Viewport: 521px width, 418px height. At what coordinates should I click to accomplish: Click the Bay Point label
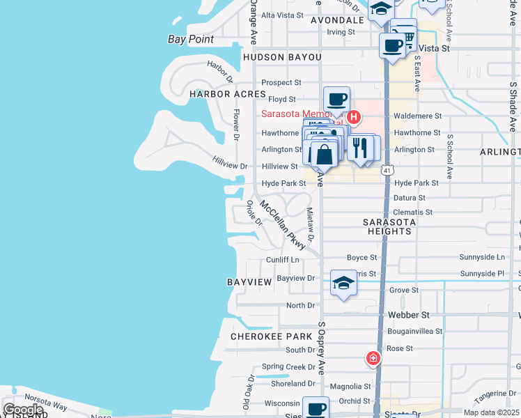tap(191, 39)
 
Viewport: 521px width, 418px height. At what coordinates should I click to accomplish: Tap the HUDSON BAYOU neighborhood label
tap(281, 56)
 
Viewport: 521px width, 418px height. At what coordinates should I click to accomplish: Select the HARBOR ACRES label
tap(228, 94)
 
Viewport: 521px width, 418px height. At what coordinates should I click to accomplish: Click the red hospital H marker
tap(353, 117)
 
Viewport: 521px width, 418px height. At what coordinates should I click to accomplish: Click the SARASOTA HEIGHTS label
tap(389, 226)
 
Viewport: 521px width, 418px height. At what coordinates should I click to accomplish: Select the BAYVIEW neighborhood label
tap(249, 282)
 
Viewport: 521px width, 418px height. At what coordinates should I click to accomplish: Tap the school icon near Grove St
tap(343, 283)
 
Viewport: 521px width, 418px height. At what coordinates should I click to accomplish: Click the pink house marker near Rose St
tap(373, 359)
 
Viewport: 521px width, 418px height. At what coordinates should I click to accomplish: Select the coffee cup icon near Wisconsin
tap(316, 408)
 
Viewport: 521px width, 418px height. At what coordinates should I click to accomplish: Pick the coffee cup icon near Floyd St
tap(336, 99)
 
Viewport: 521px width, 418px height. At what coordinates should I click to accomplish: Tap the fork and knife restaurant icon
tap(359, 147)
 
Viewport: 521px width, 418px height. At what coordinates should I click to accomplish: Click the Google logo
tap(23, 410)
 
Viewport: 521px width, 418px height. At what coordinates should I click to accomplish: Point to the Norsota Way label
tap(49, 406)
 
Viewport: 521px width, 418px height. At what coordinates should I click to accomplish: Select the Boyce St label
tap(361, 258)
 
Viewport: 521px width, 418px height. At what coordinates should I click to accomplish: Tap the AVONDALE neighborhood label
tap(337, 20)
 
